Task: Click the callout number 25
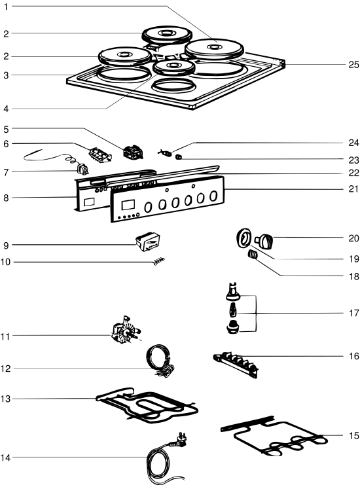354,65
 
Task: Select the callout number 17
354,313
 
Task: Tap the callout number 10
5,262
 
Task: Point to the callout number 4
6,109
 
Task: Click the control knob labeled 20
264,241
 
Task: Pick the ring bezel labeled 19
243,238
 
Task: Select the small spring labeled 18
253,255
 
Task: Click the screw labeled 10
158,260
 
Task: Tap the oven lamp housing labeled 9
148,242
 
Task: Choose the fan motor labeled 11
125,331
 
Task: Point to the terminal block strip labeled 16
236,365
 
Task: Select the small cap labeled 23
179,157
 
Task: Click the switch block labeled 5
133,152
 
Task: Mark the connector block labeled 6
100,154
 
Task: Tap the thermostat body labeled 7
82,169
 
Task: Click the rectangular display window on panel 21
128,205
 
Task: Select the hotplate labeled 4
174,67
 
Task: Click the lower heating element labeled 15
274,436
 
